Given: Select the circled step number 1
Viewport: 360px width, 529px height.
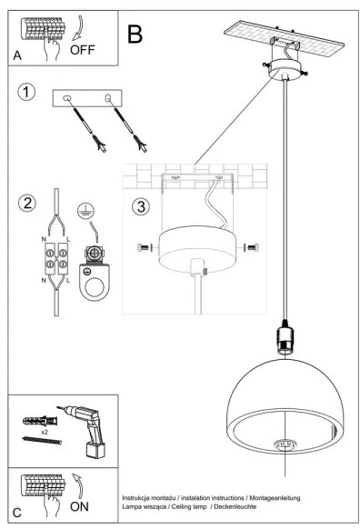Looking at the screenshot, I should click(x=28, y=94).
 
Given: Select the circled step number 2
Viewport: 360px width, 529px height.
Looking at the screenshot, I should click(x=28, y=203).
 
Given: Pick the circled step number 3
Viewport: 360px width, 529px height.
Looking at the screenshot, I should click(x=141, y=206).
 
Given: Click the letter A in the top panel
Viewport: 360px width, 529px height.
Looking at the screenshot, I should click(x=17, y=55).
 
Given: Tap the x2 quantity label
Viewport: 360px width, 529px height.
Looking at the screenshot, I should click(x=44, y=434).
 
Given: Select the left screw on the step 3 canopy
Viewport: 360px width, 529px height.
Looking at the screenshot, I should click(x=145, y=246).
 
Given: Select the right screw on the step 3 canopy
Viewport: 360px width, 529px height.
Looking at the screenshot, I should click(x=252, y=246).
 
